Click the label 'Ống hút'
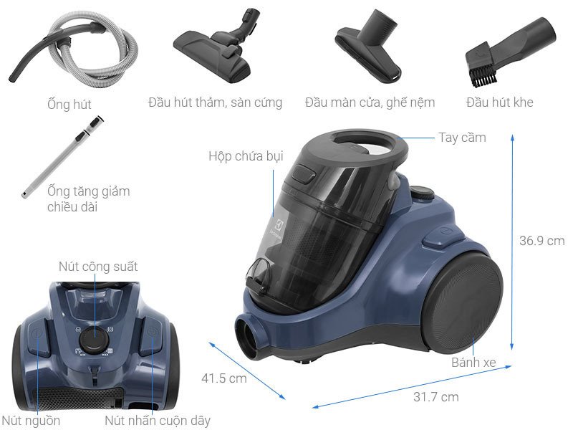(69, 105)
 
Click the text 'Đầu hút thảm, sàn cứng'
(215, 102)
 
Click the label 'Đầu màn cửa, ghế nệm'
(370, 102)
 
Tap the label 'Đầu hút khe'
(499, 102)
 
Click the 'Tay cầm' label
(462, 137)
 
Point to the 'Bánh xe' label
(473, 363)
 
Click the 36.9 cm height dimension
(541, 241)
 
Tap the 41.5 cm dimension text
(223, 378)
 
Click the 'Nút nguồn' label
(31, 420)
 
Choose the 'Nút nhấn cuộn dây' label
(158, 420)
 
